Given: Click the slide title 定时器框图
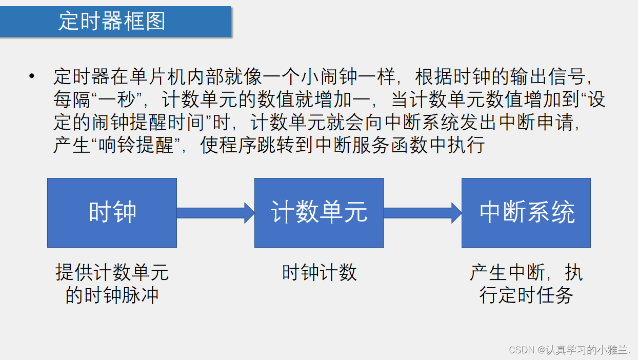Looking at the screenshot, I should (112, 22).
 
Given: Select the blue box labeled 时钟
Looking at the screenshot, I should (112, 213).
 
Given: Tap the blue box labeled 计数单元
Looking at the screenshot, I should (319, 213).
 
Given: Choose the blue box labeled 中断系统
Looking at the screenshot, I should (526, 213).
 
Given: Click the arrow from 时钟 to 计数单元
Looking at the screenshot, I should (215, 213).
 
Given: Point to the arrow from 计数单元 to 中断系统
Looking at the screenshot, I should (423, 213).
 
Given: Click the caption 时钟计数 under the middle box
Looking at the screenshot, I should (319, 273).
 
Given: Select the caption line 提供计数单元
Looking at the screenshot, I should (112, 273).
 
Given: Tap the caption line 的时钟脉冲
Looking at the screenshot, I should (112, 295).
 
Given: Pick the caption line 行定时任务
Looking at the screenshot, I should (526, 295).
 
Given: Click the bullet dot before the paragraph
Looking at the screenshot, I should (32, 76).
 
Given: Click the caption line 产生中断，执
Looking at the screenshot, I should (526, 273).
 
